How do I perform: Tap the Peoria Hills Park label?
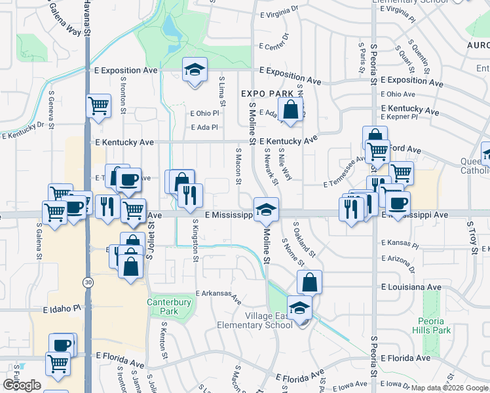433,326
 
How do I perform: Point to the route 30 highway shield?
87,282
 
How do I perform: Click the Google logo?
22,385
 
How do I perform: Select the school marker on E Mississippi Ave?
266,210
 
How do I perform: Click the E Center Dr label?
274,46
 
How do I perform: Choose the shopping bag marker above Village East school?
309,282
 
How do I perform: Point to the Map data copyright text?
449,388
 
